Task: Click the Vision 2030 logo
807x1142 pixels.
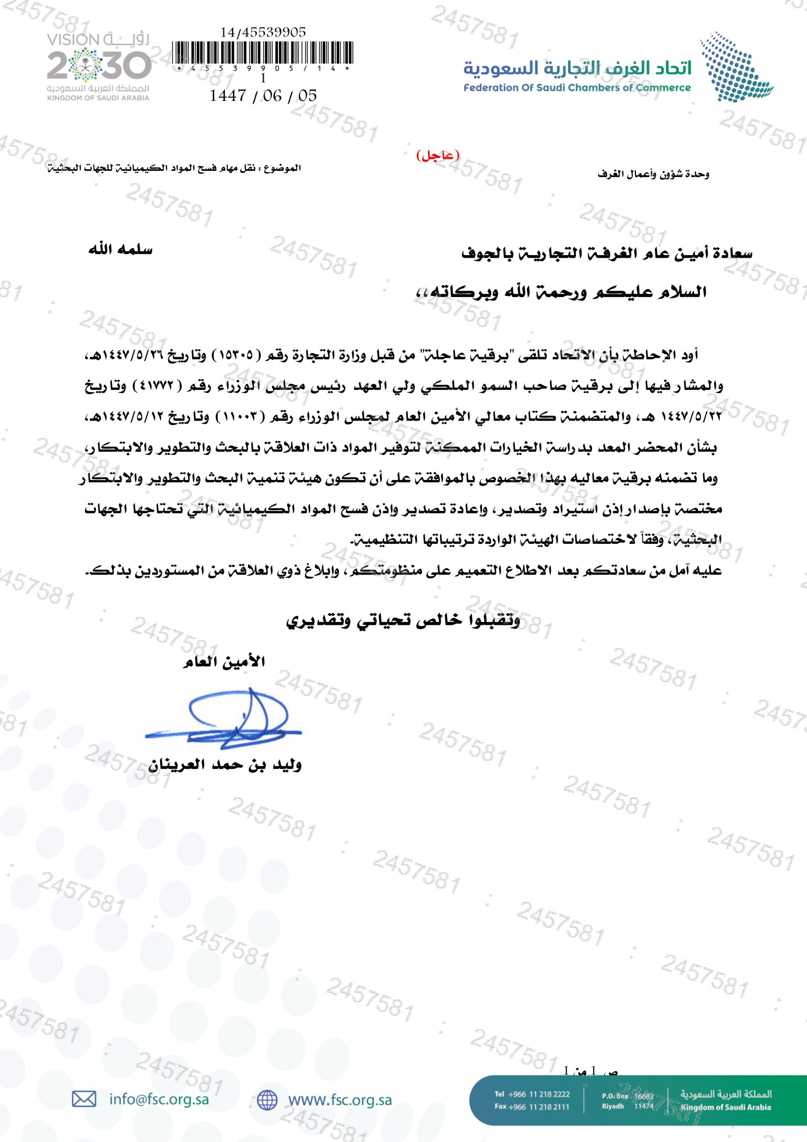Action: click(99, 66)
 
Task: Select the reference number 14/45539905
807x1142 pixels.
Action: click(263, 33)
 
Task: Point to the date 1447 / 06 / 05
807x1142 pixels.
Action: click(263, 95)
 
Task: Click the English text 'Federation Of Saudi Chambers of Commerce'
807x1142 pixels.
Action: click(577, 88)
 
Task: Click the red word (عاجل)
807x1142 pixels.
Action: click(437, 156)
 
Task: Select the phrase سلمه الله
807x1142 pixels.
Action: click(120, 249)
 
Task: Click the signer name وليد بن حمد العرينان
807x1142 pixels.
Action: click(225, 765)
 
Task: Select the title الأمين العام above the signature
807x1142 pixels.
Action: click(224, 662)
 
